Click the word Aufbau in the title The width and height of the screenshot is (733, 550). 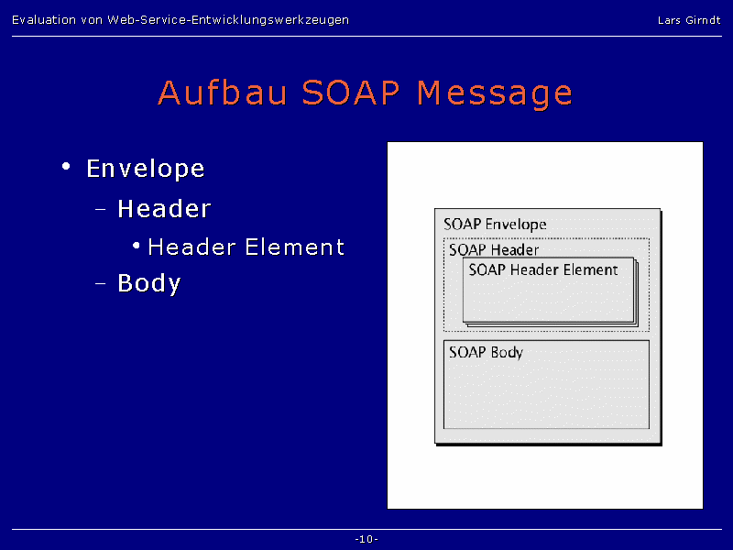coord(222,93)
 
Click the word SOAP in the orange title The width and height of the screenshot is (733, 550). coord(351,93)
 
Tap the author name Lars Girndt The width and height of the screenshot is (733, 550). coord(689,20)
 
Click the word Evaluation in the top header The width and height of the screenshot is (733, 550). coord(44,19)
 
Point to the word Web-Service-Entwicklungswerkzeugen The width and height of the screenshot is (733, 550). coord(228,20)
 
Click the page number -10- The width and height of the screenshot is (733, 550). coord(366,539)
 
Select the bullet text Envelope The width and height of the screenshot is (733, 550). coord(146,169)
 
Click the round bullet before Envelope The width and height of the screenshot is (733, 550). coord(66,166)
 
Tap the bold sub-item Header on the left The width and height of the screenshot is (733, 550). coord(164,209)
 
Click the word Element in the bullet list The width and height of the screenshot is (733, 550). coord(294,247)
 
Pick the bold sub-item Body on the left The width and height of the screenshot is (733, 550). coord(149,283)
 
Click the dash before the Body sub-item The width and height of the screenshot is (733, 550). coord(101,283)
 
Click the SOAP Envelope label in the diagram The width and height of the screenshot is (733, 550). coord(495,225)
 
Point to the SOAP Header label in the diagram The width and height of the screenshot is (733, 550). coord(494,249)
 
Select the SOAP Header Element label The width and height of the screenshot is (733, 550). coord(543,269)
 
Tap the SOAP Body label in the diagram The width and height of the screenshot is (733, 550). coord(486,352)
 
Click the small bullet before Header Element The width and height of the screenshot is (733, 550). coord(136,246)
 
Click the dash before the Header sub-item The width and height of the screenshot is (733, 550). coord(101,209)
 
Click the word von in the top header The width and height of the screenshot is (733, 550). coord(92,20)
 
